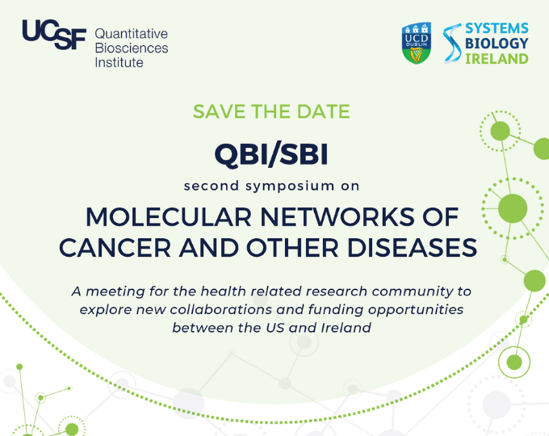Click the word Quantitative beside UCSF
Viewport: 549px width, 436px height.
tap(131, 33)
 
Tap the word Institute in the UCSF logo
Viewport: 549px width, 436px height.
tap(119, 62)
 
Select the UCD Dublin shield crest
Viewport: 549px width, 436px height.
tap(417, 43)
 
